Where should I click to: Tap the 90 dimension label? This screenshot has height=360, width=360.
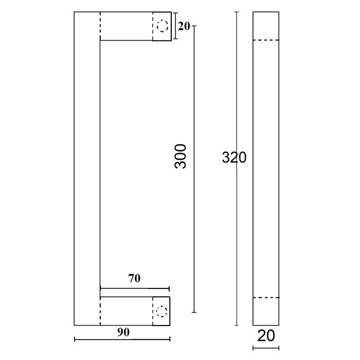(x=122, y=332)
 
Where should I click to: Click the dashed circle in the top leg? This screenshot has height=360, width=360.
(x=163, y=26)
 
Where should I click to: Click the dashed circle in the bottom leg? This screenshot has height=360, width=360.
(x=162, y=311)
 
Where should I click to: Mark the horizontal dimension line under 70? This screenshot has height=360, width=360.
(x=135, y=289)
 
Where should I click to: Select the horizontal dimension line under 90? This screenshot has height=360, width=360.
(x=122, y=339)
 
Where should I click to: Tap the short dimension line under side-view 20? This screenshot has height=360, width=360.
(x=265, y=348)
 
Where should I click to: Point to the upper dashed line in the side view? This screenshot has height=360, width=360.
(x=265, y=40)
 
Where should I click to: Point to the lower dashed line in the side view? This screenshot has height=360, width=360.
(x=265, y=298)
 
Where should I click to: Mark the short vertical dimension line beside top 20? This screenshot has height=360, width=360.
(x=174, y=26)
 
